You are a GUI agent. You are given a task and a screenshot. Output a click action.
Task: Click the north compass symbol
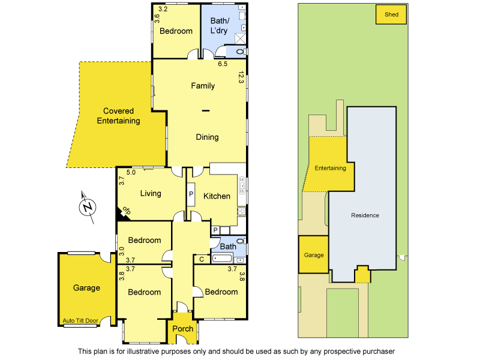coord(88,207)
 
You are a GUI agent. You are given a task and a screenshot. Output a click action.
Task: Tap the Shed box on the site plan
coord(391,15)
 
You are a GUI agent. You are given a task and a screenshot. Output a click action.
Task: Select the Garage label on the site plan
coord(314,255)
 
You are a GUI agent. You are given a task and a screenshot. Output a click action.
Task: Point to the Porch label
coord(182,329)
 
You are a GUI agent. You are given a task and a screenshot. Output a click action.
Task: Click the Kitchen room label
coord(217,196)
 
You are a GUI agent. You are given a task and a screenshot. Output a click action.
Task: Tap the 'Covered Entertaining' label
coord(118,116)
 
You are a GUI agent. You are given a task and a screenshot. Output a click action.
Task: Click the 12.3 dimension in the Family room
coord(241,77)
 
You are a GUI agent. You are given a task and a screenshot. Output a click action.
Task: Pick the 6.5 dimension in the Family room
coord(223,64)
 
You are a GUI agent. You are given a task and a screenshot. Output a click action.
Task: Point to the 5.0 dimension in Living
coord(131,173)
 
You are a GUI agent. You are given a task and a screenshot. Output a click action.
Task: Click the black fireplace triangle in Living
coord(120,212)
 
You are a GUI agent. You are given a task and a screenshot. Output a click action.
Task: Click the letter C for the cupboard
coord(201,260)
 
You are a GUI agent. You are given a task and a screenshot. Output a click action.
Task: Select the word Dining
coord(207,137)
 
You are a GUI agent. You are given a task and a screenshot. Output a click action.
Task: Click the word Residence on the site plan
coord(365,215)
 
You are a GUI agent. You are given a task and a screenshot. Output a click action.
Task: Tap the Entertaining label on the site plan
coord(331,169)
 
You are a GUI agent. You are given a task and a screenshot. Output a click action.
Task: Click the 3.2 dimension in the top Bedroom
coord(162,10)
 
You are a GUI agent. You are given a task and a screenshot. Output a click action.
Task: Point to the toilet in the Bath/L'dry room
coord(239,52)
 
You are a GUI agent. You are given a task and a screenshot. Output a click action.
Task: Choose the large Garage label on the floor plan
coord(86,288)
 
